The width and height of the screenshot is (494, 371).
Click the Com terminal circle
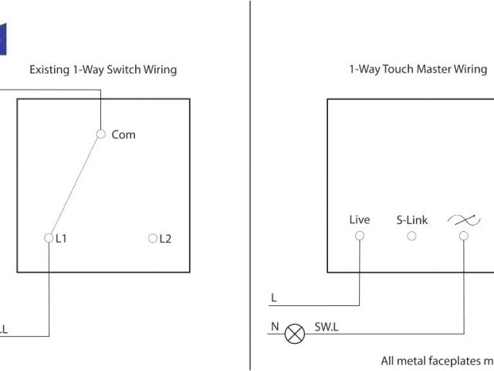click(x=100, y=134)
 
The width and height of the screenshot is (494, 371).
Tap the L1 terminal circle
click(x=49, y=238)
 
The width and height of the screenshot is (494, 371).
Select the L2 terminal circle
click(x=152, y=238)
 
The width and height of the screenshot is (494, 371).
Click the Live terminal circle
click(x=360, y=236)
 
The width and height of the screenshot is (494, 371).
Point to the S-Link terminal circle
click(x=411, y=236)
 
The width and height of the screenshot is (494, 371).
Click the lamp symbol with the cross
click(x=295, y=333)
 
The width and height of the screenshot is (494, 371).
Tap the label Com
click(x=123, y=134)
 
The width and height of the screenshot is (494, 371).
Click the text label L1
click(x=61, y=239)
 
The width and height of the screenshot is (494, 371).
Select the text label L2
click(x=164, y=239)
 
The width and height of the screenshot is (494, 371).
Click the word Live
click(x=360, y=220)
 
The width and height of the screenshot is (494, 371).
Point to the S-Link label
click(x=411, y=220)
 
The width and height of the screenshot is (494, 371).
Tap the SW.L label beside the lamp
click(x=327, y=328)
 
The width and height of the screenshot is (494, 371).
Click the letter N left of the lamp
click(x=274, y=327)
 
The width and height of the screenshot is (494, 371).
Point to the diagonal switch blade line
click(x=75, y=185)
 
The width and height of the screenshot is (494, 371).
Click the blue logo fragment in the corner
click(x=2, y=39)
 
